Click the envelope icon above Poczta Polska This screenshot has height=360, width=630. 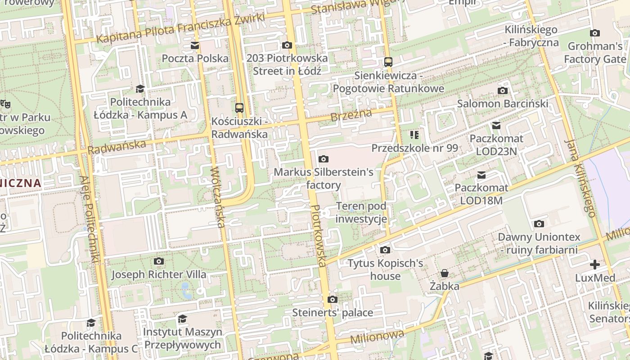click(x=195, y=45)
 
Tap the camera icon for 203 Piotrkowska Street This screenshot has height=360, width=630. click(x=287, y=45)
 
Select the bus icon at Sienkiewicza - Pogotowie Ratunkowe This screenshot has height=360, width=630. click(x=388, y=62)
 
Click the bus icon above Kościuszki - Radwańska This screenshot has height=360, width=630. click(x=239, y=108)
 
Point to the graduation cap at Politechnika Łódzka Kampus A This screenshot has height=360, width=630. click(x=140, y=89)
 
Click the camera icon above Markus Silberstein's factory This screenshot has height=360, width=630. click(x=323, y=159)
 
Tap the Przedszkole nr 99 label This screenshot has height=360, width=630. click(x=414, y=148)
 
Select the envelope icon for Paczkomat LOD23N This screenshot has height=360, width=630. click(x=496, y=126)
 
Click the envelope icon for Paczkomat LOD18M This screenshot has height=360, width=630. click(x=481, y=175)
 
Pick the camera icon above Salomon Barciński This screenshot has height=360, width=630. click(x=503, y=90)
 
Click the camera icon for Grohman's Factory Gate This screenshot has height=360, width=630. click(x=595, y=33)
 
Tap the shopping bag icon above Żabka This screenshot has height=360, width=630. click(x=445, y=273)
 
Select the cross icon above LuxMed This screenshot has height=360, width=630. click(x=595, y=265)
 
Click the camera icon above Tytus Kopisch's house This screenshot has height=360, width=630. click(x=385, y=250)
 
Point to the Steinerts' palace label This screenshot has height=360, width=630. click(x=333, y=312)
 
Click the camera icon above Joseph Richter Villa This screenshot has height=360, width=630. click(x=158, y=261)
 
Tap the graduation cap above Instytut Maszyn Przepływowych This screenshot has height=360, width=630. click(x=182, y=319)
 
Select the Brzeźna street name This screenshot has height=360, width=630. click(x=351, y=115)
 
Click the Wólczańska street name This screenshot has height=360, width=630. click(x=217, y=197)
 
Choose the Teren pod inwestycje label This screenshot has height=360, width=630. click(x=361, y=213)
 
